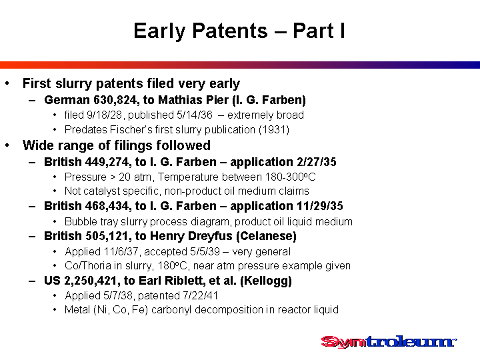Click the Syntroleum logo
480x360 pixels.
(389, 342)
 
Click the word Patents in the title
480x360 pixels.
(230, 31)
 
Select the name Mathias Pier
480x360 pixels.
(193, 100)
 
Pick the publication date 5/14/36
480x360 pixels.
(195, 115)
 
